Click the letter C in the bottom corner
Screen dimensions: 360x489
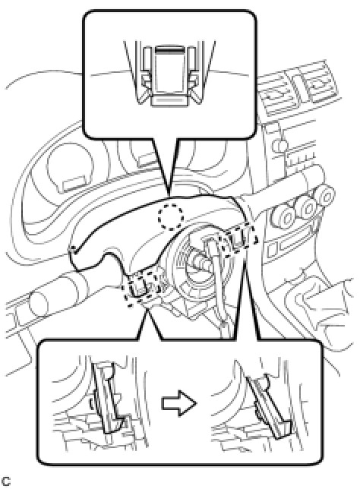[5, 481]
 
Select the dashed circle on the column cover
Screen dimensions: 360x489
[170, 217]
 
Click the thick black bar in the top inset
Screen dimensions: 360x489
[169, 49]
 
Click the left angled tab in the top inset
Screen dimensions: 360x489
[144, 91]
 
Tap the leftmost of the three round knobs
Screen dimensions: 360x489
[283, 216]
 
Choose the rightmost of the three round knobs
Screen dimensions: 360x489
[325, 197]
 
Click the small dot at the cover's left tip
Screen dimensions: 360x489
[73, 248]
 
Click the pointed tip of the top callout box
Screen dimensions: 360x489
[168, 195]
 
